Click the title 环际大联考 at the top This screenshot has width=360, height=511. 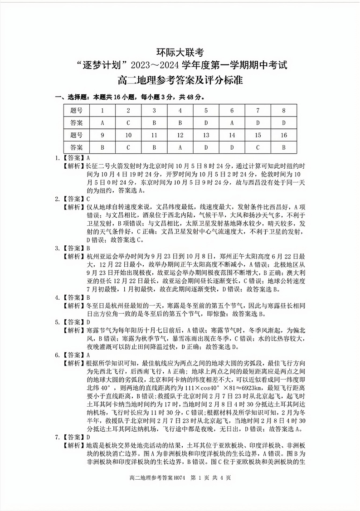(180, 52)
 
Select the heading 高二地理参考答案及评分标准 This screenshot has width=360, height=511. (180, 81)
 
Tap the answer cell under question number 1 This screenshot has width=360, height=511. (102, 122)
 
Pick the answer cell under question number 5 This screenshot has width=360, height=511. (206, 122)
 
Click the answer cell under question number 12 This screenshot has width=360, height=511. (180, 147)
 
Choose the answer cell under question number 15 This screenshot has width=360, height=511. (258, 147)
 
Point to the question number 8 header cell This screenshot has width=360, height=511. (283, 110)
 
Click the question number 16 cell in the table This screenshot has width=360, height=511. (283, 135)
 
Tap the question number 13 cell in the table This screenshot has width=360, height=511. (206, 135)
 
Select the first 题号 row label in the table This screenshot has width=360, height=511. (77, 110)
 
